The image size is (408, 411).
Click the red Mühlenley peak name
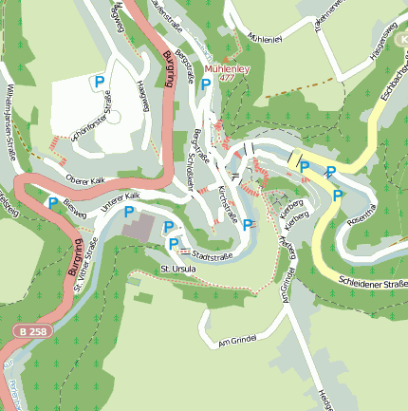(x=225, y=69)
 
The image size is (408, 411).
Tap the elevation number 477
(x=226, y=80)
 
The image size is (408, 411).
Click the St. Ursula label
(x=177, y=269)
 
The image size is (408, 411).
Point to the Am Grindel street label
(x=237, y=341)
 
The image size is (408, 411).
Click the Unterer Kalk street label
(x=120, y=196)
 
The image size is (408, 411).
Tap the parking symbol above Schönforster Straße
(x=98, y=83)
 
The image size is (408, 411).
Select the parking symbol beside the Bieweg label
(x=53, y=201)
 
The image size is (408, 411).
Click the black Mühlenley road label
(x=265, y=38)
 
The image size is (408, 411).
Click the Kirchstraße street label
(x=228, y=201)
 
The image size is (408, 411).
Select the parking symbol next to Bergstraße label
(x=205, y=84)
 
